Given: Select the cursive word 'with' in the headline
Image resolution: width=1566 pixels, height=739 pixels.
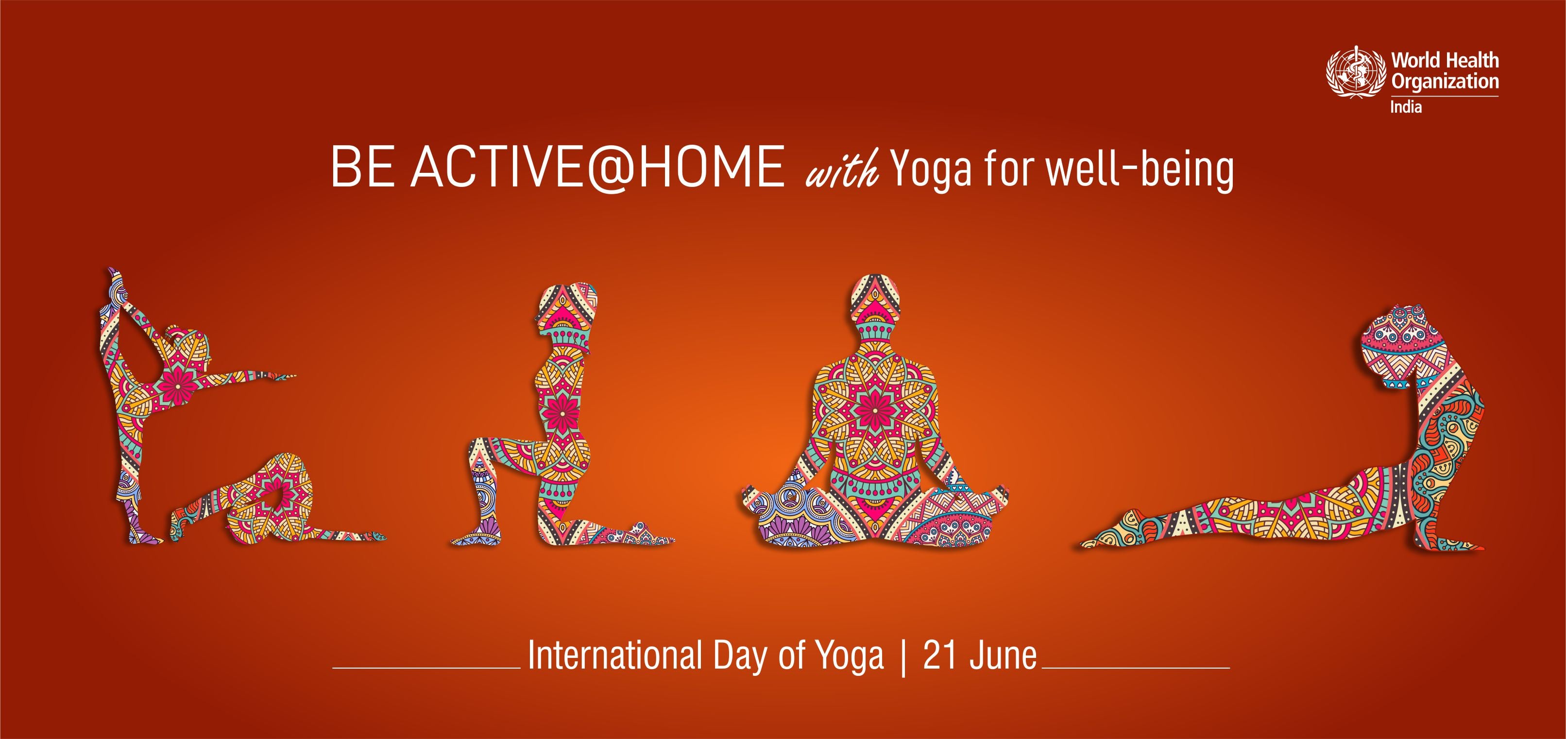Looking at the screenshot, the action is [842, 169].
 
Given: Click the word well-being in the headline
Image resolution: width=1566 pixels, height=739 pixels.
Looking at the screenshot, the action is [1140, 169].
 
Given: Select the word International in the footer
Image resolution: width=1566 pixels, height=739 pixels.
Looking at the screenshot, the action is [615, 655].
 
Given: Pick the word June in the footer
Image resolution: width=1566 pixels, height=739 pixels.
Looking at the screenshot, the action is [1004, 655].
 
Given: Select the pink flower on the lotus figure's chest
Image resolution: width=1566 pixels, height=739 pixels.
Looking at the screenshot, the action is [875, 410].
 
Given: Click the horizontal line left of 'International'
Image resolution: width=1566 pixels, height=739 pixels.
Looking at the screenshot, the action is [426, 668].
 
